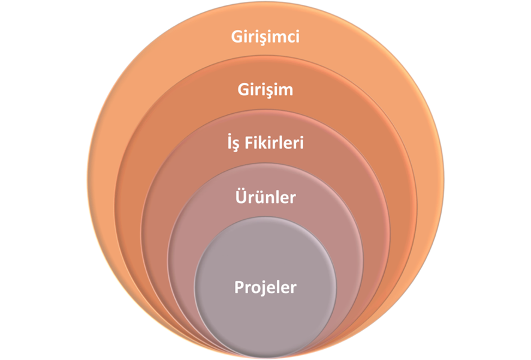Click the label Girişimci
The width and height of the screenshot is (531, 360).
click(265, 37)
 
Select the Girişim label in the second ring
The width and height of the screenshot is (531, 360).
click(265, 90)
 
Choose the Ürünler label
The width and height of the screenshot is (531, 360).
click(265, 197)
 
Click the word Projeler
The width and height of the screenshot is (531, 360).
click(265, 287)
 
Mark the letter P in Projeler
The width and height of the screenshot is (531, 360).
click(238, 287)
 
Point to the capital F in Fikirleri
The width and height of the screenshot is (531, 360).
click(251, 144)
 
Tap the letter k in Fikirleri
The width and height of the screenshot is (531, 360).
click(264, 144)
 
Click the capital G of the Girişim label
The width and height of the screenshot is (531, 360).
click(243, 90)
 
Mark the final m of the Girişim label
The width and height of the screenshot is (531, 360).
click(286, 92)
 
